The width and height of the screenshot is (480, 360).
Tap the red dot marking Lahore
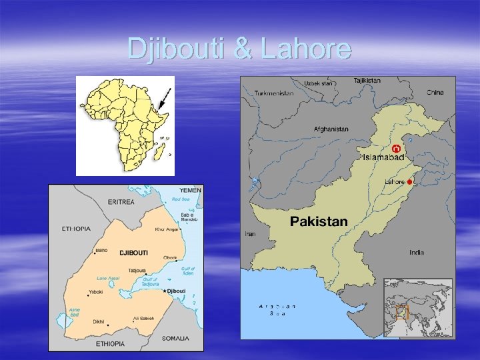[x=410, y=181]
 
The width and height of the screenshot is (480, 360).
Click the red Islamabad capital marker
[x=396, y=148]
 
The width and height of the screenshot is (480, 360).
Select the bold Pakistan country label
[x=319, y=221]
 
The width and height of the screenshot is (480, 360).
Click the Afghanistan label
[x=331, y=129]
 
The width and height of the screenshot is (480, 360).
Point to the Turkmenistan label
[x=273, y=93]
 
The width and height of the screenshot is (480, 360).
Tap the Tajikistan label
[x=367, y=81]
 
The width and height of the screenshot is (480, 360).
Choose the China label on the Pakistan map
[x=435, y=93]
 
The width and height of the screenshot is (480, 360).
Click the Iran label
[x=251, y=234]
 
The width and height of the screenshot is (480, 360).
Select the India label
[x=416, y=253]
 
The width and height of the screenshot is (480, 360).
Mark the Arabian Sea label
[x=277, y=309]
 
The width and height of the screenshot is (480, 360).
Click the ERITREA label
[x=121, y=201]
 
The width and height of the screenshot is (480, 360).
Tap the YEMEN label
[x=191, y=190]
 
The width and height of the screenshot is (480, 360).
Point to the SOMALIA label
[x=175, y=338]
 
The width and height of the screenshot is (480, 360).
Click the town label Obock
[x=171, y=258]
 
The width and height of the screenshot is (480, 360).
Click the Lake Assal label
[x=108, y=278]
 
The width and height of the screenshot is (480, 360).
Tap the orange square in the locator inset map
[x=401, y=311]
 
